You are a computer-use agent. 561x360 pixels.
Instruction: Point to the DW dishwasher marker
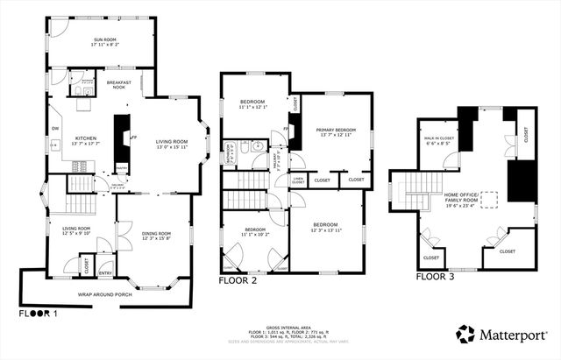(x=54, y=129)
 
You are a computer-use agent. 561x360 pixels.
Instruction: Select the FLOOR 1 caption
(x=39, y=312)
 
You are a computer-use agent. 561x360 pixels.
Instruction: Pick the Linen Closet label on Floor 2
(x=298, y=181)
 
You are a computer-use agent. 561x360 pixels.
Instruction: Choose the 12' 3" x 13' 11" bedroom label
(x=325, y=227)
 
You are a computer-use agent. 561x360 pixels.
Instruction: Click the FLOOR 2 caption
(x=238, y=281)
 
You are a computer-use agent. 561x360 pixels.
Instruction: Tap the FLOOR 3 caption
(x=436, y=277)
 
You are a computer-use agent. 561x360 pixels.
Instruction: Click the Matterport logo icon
(x=465, y=333)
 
